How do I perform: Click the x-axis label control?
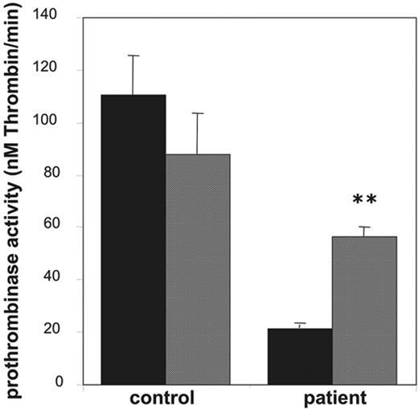[x=166, y=399]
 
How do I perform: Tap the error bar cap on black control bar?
[x=133, y=55]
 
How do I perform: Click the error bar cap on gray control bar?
[x=198, y=113]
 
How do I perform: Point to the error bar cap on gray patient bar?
[x=364, y=227]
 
